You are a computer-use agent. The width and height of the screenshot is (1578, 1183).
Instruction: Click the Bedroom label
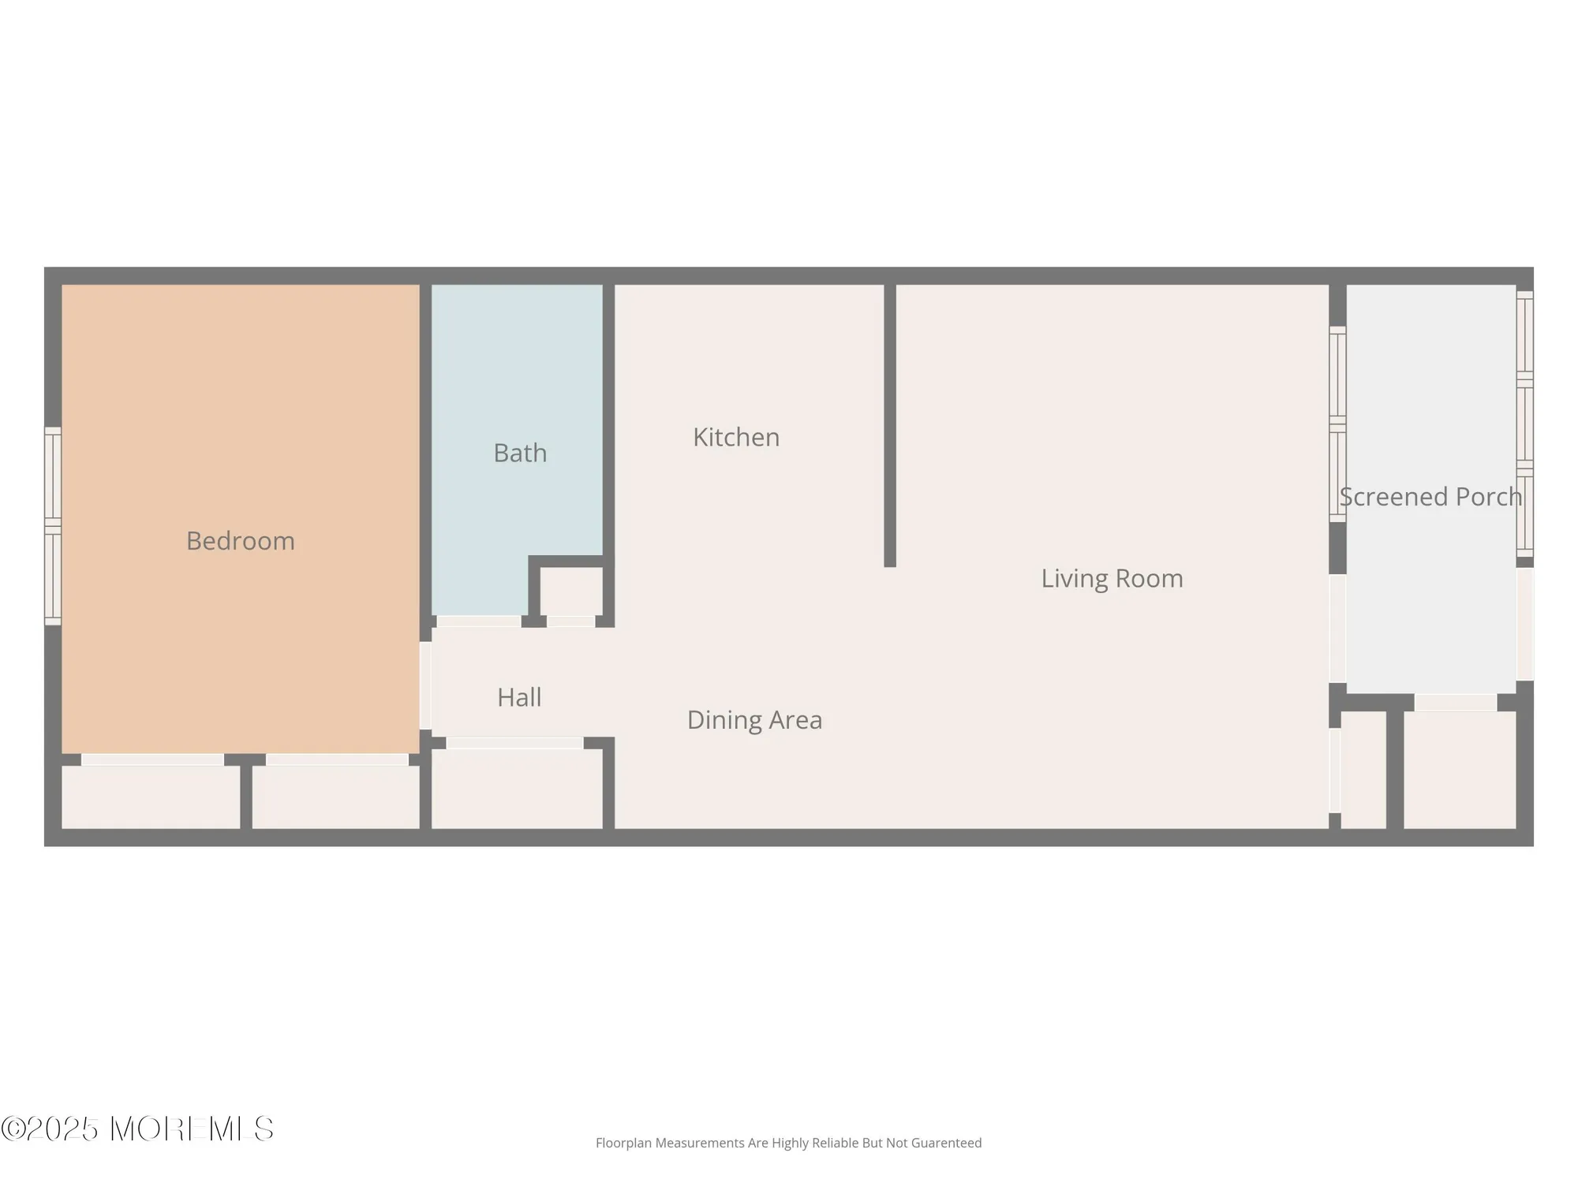(241, 541)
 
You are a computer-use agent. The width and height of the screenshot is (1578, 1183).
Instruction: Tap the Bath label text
(520, 453)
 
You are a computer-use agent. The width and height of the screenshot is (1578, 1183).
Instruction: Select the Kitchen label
(736, 438)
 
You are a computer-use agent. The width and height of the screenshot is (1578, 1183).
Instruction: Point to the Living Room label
(1112, 579)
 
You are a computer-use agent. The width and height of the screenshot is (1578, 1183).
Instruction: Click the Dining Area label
(754, 720)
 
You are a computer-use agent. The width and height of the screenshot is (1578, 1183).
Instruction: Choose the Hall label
(519, 697)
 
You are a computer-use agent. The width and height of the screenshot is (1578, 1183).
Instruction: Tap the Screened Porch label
(1430, 497)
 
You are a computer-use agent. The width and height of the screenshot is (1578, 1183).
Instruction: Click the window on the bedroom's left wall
(53, 526)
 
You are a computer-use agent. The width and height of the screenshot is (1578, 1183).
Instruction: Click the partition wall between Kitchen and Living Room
(890, 426)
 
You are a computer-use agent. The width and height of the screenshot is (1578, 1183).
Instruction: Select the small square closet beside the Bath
(571, 591)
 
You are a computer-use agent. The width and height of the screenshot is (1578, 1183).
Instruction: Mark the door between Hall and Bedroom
(425, 685)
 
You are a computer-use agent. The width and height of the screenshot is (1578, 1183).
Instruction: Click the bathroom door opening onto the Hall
(479, 621)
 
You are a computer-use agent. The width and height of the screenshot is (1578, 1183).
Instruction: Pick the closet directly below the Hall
(517, 789)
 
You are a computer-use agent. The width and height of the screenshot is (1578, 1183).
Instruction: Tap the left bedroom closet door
(152, 759)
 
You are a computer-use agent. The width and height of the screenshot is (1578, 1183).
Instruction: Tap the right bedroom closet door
(337, 759)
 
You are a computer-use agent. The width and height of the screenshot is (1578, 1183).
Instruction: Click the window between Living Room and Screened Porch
(1337, 424)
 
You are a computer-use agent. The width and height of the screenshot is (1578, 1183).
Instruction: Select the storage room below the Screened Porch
(1460, 770)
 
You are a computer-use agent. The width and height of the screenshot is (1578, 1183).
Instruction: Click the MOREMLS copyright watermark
(138, 1129)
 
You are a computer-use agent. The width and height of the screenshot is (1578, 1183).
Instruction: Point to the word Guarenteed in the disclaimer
(946, 1143)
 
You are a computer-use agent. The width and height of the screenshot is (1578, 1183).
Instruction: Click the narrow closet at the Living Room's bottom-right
(1363, 770)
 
